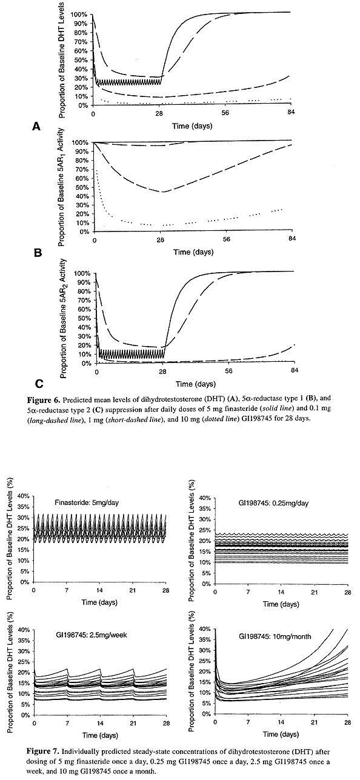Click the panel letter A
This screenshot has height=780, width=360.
pyautogui.click(x=36, y=127)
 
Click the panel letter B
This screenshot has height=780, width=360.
pyautogui.click(x=38, y=253)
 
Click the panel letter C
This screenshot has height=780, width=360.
pyautogui.click(x=39, y=384)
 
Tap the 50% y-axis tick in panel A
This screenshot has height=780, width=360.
pyautogui.click(x=81, y=60)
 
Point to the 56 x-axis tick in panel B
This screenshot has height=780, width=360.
pyautogui.click(x=226, y=239)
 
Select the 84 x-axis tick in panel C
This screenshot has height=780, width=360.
pyautogui.click(x=295, y=370)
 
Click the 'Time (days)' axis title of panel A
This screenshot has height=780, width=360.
pyautogui.click(x=192, y=125)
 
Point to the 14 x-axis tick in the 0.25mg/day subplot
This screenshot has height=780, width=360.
pyautogui.click(x=281, y=592)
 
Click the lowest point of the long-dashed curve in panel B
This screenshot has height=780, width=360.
pyautogui.click(x=162, y=192)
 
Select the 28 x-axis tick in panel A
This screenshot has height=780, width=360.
pyautogui.click(x=159, y=113)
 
